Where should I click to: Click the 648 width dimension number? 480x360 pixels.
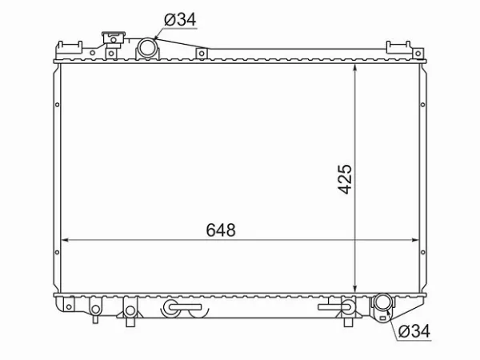(x=221, y=230)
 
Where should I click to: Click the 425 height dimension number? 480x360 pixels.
(x=344, y=181)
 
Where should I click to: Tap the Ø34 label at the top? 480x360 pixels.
(x=180, y=19)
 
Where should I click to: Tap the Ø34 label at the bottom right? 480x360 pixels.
(x=415, y=330)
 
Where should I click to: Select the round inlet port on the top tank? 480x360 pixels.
(x=147, y=49)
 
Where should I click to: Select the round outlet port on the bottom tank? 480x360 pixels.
(x=382, y=305)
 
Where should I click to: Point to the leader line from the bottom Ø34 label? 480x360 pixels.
(x=390, y=321)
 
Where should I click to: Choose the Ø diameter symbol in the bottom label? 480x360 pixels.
(x=403, y=330)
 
